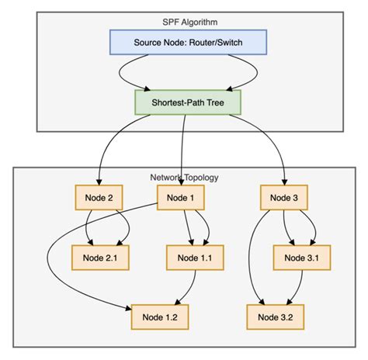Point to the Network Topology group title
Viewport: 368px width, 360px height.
(x=184, y=177)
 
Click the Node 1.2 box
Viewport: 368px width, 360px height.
(x=159, y=317)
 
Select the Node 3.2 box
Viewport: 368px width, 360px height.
(x=275, y=317)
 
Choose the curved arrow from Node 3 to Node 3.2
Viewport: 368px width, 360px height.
(x=250, y=256)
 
